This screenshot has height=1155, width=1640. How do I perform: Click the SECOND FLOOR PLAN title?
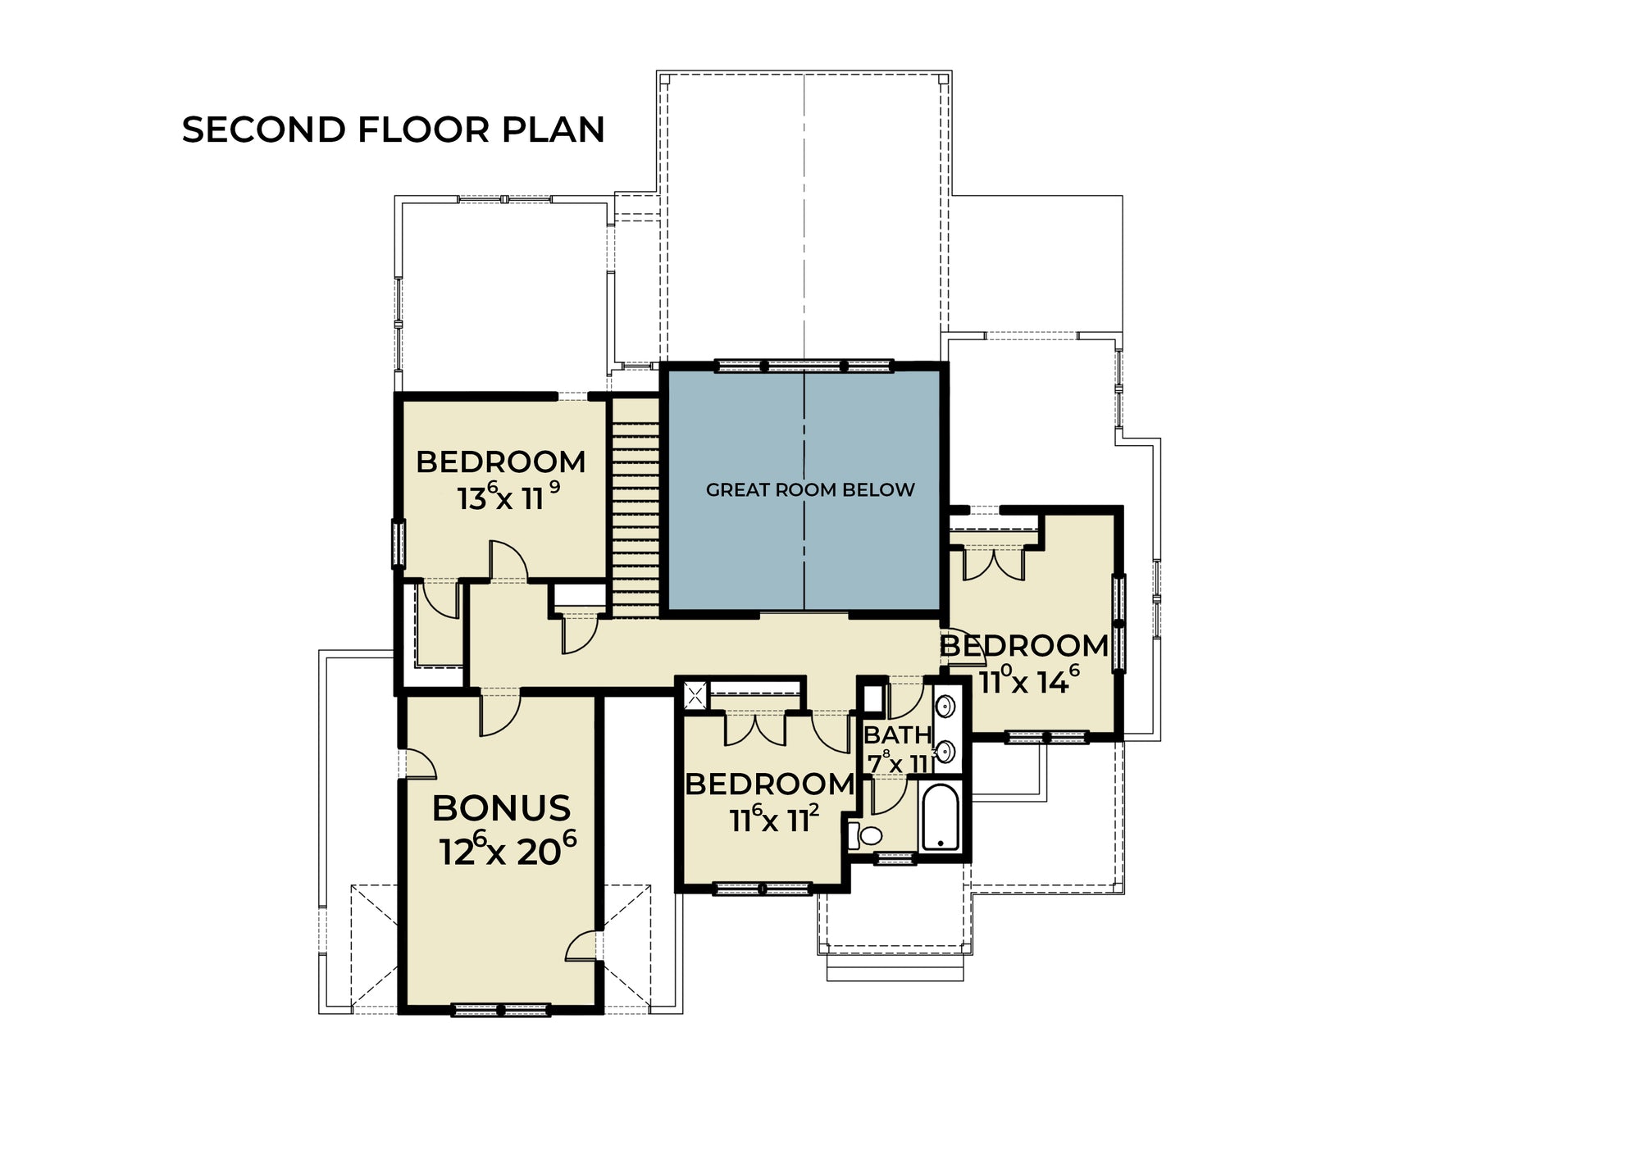coord(394,130)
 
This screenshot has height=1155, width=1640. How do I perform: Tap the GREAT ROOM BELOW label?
coord(810,489)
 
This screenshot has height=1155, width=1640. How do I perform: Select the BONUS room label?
coord(501,808)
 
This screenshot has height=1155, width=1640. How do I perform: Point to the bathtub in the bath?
coord(941,817)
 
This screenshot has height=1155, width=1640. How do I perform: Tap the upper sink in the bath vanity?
coord(945,705)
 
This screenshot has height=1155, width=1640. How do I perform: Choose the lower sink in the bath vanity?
coord(945,751)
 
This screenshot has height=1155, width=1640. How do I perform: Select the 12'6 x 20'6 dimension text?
coord(508,849)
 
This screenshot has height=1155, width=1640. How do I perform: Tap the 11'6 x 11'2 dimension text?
coord(775,818)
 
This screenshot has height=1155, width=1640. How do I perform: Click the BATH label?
coord(898,734)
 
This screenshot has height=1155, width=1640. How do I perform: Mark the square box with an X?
coord(695,697)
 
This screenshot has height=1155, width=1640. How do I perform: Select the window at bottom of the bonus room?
coord(500,1010)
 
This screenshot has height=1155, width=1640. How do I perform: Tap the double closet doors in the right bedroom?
coord(993,564)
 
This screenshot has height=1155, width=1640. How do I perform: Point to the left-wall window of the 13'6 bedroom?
coord(399,543)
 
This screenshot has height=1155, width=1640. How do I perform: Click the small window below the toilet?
coord(894,858)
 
